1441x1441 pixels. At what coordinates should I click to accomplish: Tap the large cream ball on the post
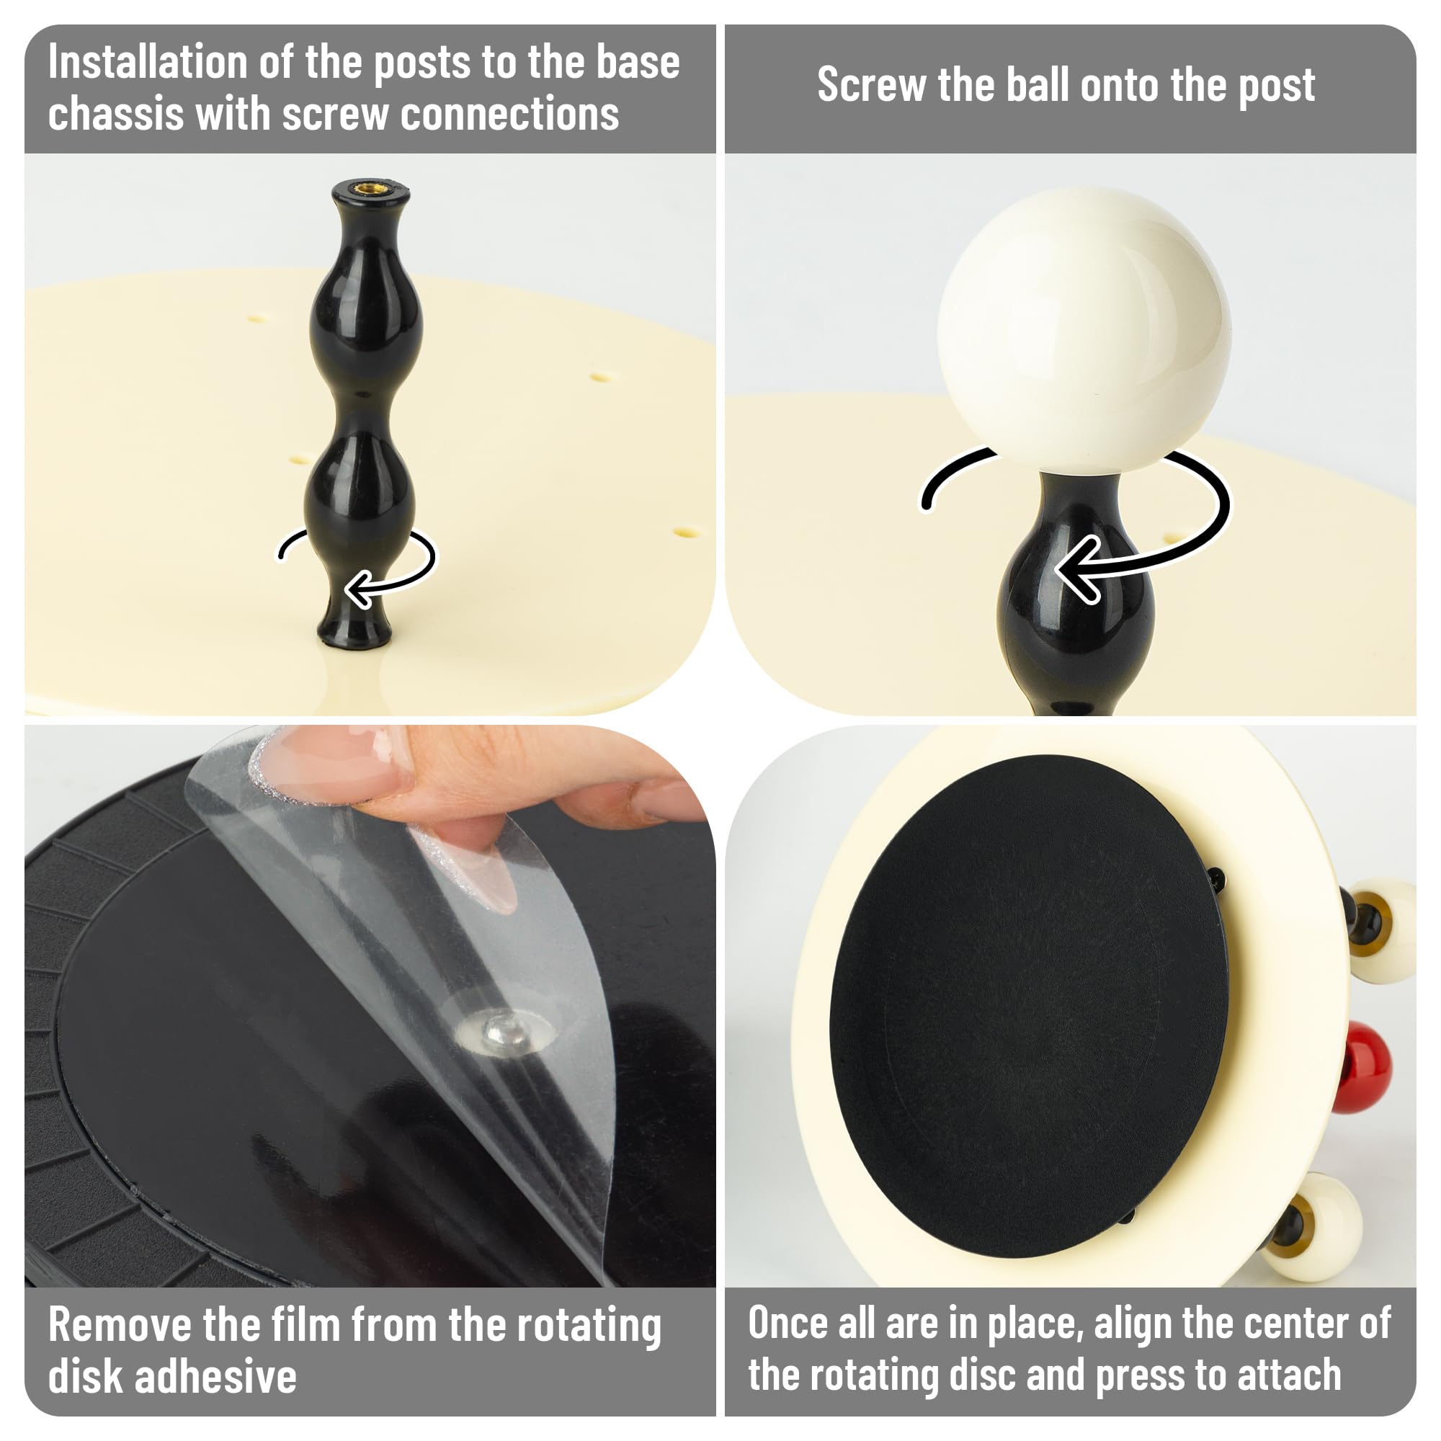point(1083,333)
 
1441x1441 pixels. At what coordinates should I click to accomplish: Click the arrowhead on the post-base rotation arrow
point(360,589)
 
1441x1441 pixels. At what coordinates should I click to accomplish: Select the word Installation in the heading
point(147,62)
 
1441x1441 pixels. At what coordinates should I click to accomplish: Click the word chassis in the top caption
point(116,114)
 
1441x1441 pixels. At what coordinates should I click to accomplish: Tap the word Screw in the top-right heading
point(871,84)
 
